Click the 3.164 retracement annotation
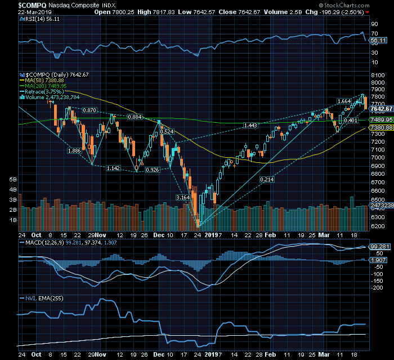183,198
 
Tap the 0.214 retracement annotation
267,179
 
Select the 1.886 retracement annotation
74,150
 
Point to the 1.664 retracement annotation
343,101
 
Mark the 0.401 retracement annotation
351,121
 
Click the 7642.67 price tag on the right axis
380,108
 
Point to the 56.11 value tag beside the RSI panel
379,40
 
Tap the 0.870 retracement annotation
89,110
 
